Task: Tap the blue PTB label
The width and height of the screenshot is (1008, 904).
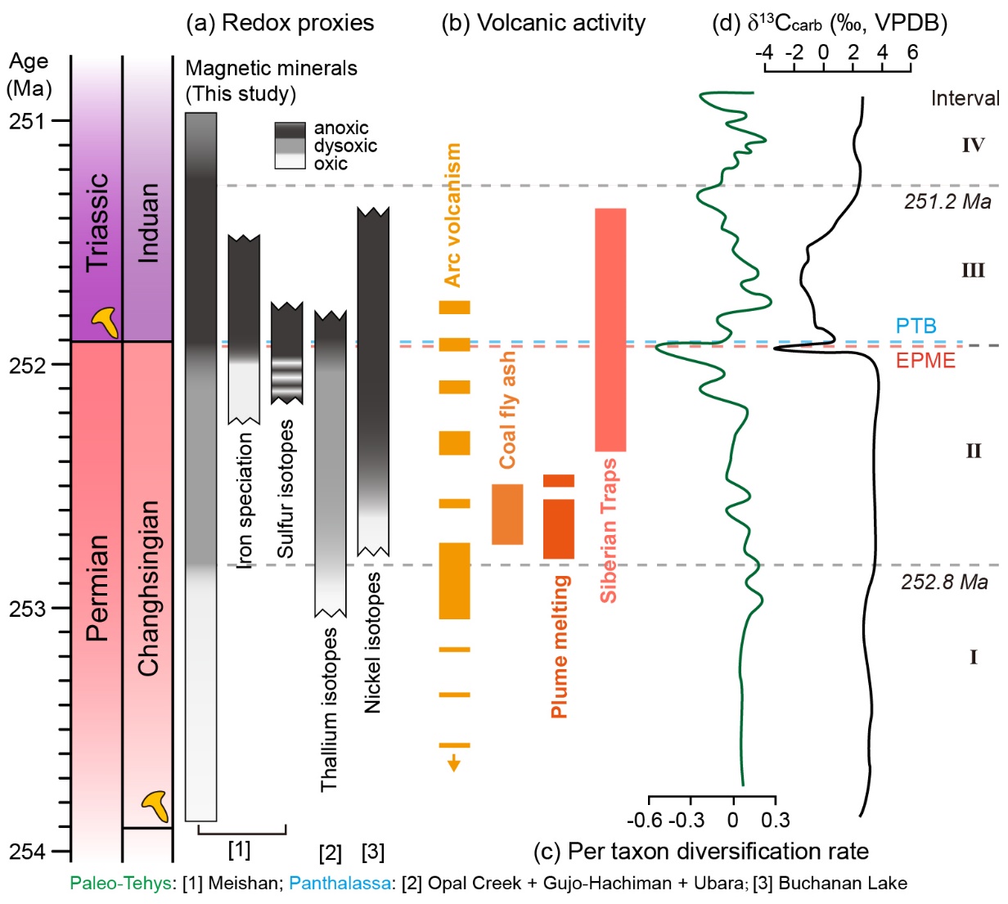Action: tap(916, 326)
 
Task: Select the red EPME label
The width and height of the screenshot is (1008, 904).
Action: tap(925, 360)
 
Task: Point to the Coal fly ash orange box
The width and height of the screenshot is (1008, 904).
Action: tap(507, 514)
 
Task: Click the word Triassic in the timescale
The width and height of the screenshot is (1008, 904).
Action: tap(97, 221)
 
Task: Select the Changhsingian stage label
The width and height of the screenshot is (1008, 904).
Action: tap(148, 588)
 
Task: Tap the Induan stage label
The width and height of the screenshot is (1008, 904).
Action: tap(148, 223)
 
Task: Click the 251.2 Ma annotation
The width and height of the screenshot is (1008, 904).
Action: tap(947, 201)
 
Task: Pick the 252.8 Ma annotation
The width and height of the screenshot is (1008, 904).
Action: tap(944, 582)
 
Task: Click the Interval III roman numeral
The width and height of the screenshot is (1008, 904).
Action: tap(973, 271)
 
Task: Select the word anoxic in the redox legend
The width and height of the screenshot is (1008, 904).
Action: tap(341, 128)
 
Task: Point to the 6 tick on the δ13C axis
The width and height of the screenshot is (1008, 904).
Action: tap(911, 52)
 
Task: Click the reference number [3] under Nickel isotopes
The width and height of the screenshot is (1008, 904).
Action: tap(372, 852)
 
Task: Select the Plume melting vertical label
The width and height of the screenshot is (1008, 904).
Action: tap(560, 646)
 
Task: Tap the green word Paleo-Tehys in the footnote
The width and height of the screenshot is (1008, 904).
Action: tap(119, 884)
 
